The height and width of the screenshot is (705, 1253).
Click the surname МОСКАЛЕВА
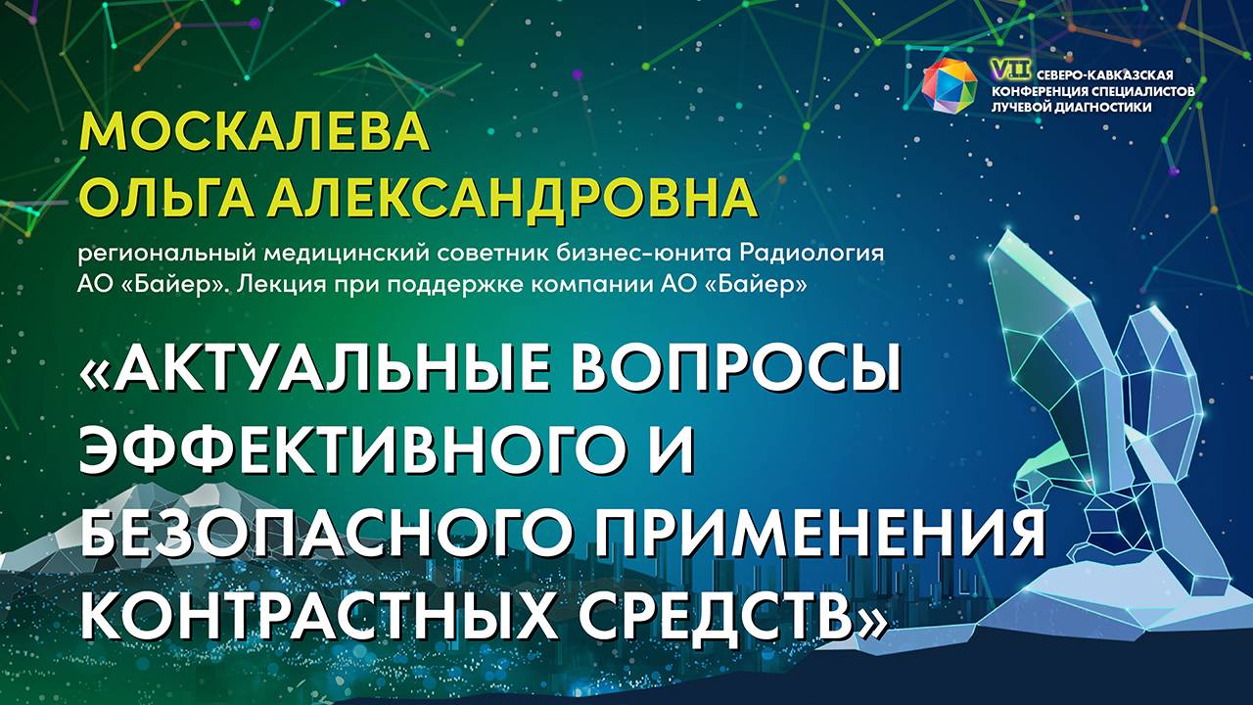coord(255,132)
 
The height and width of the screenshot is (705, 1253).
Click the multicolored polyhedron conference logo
coord(950,85)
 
